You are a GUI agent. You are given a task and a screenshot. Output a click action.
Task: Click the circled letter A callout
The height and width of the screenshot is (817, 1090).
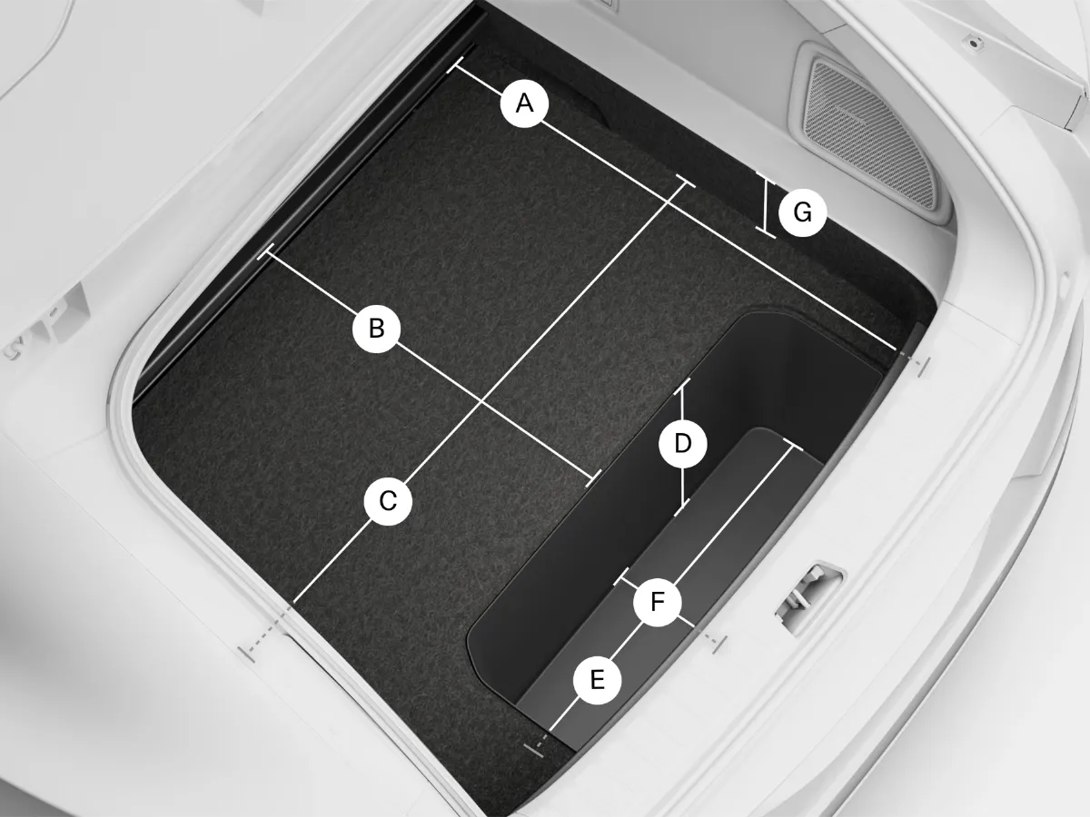(524, 103)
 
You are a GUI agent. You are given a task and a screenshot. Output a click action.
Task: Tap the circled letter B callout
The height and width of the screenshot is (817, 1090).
(376, 329)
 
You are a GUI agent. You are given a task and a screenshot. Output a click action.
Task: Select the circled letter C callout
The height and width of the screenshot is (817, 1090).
(388, 502)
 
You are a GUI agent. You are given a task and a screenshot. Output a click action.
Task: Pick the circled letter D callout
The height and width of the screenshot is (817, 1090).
(683, 444)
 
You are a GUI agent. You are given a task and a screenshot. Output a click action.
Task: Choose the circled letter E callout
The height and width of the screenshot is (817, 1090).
(597, 680)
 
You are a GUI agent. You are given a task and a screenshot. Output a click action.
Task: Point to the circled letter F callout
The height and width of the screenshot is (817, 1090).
(658, 602)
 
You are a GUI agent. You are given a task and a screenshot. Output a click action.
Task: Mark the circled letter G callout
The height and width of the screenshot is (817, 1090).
(802, 213)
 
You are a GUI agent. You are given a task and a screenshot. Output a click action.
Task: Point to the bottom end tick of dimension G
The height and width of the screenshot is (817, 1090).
(766, 234)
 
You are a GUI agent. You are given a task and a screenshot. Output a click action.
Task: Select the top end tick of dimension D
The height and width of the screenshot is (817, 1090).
(682, 384)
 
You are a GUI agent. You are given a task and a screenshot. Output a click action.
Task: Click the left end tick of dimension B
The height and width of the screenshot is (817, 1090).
(264, 255)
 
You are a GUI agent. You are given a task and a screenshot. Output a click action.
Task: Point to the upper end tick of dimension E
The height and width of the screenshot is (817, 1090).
(793, 444)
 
